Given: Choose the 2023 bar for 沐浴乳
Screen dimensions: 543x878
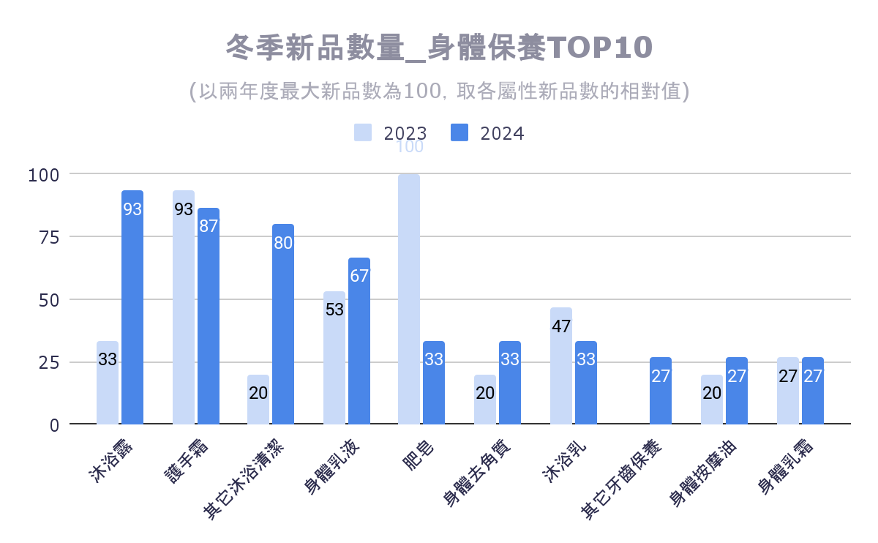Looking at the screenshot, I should (x=561, y=366).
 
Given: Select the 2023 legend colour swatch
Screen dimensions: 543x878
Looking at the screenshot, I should (x=363, y=132).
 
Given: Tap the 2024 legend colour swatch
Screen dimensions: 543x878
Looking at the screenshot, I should (x=459, y=132).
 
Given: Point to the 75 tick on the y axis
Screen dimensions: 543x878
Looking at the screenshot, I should (x=48, y=237).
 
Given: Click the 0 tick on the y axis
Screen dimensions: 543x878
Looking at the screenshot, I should (x=55, y=424).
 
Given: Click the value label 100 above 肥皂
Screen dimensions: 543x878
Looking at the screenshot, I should (x=409, y=147).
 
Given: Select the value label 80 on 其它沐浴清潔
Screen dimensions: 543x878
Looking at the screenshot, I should (x=283, y=244).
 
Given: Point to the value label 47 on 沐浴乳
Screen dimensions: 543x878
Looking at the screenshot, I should (x=561, y=326).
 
